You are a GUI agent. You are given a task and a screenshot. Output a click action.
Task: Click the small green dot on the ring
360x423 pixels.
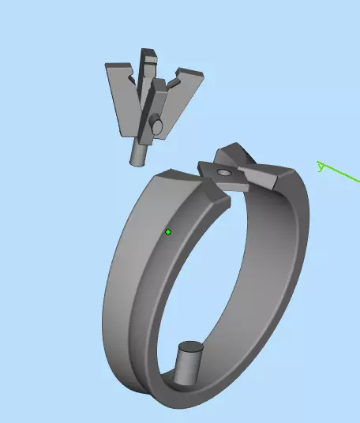pos(168,232)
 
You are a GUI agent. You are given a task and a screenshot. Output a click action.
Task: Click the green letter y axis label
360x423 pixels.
pos(320,166)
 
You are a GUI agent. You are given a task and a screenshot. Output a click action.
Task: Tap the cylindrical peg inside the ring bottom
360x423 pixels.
pos(188,364)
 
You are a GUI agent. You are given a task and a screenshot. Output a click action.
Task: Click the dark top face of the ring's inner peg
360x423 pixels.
pos(191,346)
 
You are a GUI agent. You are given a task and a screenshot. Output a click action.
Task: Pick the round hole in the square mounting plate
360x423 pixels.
pos(224,171)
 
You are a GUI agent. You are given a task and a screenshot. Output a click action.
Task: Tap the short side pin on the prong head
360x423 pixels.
pos(156,125)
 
